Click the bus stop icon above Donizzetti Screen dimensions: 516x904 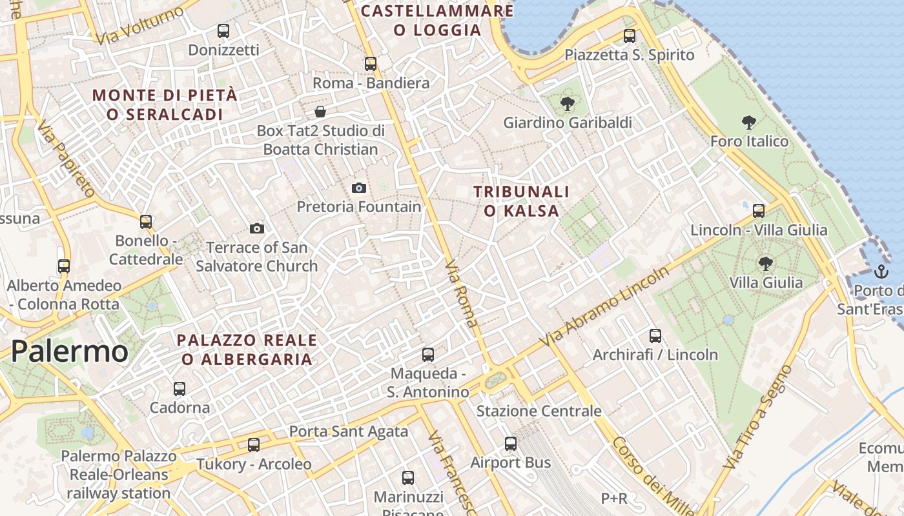[x=223, y=30]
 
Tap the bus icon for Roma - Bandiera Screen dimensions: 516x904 [x=370, y=64]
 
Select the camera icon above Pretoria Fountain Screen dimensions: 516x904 [x=359, y=188]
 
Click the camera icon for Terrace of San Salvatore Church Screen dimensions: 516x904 [x=257, y=228]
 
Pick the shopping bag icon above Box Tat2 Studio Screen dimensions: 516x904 [x=320, y=112]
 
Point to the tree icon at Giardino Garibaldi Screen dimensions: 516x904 [x=568, y=103]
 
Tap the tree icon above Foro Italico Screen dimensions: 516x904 [x=749, y=122]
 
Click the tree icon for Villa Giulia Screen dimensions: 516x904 [x=766, y=263]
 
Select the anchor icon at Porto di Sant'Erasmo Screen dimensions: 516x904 [x=881, y=271]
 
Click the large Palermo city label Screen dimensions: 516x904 [x=70, y=352]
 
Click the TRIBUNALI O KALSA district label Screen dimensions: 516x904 [x=522, y=201]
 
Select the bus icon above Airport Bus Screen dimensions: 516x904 [x=511, y=444]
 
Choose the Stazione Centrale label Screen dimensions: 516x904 [x=539, y=411]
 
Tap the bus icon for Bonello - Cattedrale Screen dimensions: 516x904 [x=146, y=222]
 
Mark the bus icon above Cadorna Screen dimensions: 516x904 [x=180, y=389]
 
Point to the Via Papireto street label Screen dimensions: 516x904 [x=66, y=159]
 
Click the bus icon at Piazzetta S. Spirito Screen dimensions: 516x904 [x=630, y=36]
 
